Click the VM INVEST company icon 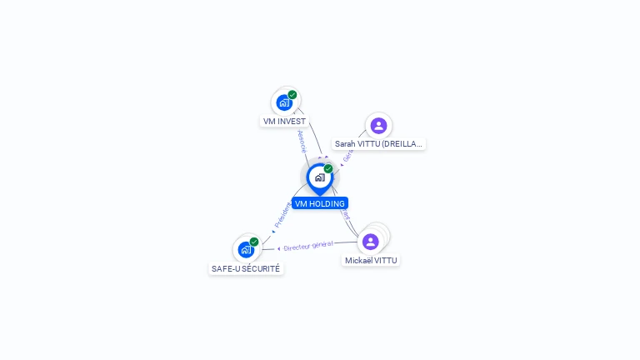(x=284, y=103)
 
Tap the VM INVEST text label (x=284, y=122)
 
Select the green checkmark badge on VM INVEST (x=292, y=95)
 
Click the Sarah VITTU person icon (x=378, y=126)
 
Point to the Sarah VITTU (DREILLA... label (x=378, y=144)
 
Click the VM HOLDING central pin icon (x=319, y=177)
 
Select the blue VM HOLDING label (x=319, y=203)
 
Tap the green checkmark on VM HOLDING (x=328, y=169)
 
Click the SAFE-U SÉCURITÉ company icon (x=246, y=250)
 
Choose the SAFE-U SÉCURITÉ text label (x=246, y=269)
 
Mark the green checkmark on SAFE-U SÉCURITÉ (x=254, y=242)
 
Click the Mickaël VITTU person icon (x=371, y=242)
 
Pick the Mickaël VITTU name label (x=371, y=261)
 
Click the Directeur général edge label (x=308, y=246)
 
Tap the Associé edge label (x=302, y=141)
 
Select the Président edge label (x=282, y=215)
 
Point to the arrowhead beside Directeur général (x=278, y=248)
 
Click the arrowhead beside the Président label (x=273, y=231)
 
